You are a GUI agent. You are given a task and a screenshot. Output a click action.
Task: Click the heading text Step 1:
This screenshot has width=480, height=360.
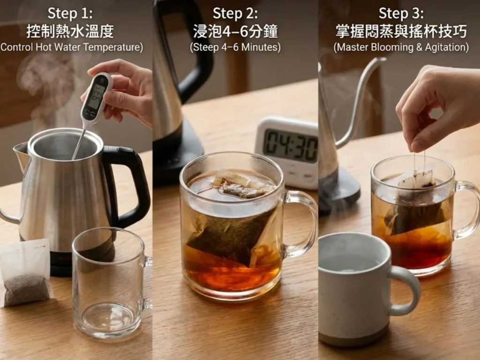70,13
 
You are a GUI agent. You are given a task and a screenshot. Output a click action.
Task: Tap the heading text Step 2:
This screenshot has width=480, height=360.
235,13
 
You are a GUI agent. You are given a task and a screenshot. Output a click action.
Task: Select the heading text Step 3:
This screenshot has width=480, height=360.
400,13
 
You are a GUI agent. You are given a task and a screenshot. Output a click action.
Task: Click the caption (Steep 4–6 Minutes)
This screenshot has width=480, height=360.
235,47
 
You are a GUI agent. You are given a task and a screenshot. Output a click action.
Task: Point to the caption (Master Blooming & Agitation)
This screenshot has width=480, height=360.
401,47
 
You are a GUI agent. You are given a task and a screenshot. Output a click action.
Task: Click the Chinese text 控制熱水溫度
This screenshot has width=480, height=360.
70,31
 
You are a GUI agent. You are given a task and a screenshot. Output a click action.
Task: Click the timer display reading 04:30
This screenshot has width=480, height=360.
290,145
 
